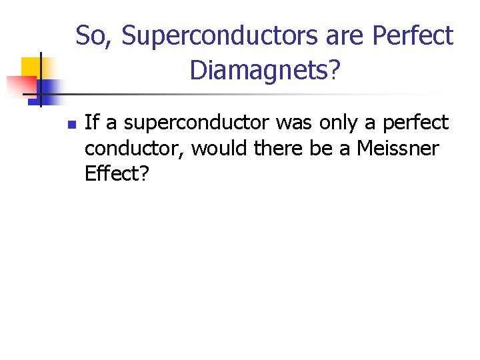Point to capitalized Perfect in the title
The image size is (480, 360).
coord(413,36)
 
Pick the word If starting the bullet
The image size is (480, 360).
coord(93,123)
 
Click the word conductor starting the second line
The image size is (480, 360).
coord(134,149)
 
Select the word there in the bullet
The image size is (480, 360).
coord(280,149)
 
